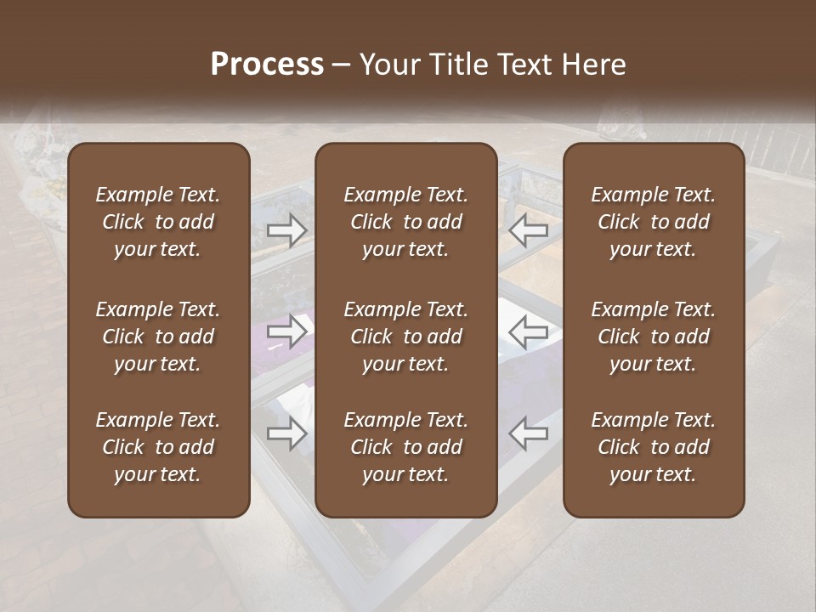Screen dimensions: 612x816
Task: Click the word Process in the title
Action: tap(267, 65)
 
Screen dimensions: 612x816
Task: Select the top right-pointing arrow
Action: tap(287, 230)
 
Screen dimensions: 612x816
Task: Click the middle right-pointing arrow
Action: tap(287, 331)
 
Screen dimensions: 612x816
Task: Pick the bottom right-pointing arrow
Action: tap(287, 433)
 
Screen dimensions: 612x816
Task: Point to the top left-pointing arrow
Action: tap(529, 230)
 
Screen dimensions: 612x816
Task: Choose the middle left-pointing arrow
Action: tap(529, 331)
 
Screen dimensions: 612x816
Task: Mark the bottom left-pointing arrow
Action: tap(529, 433)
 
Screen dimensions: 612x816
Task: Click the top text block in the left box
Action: tap(158, 222)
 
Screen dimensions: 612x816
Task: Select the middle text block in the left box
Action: tap(158, 337)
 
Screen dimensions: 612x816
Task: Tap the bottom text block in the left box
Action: tap(158, 447)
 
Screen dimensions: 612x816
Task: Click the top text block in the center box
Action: tap(405, 222)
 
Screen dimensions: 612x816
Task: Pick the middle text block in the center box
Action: tap(405, 337)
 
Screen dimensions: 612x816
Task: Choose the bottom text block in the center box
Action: tap(405, 447)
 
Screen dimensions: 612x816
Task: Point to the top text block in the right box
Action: tap(653, 222)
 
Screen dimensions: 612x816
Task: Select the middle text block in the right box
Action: tap(653, 337)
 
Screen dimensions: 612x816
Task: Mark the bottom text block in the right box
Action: tap(653, 447)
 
